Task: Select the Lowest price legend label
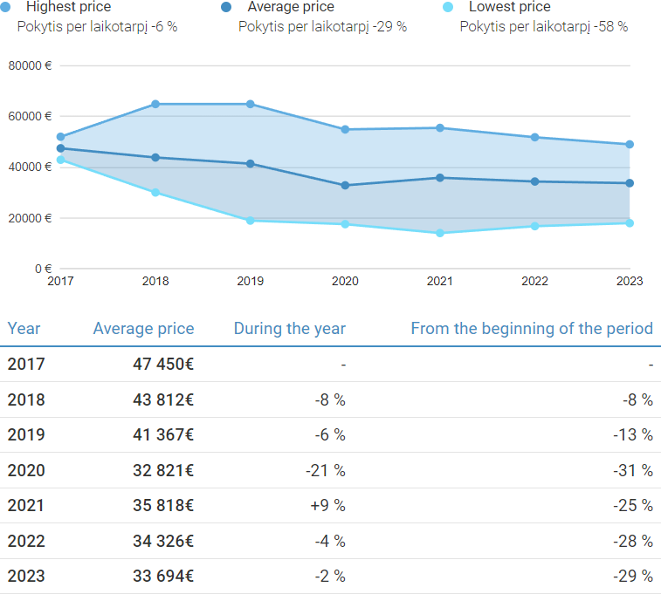[509, 7]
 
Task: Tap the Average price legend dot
[227, 7]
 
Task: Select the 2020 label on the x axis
[345, 281]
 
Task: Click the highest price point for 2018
[155, 104]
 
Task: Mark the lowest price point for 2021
[440, 233]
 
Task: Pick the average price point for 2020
[345, 185]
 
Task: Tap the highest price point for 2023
[630, 145]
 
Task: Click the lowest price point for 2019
[251, 221]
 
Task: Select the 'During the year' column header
[289, 329]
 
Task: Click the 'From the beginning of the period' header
[531, 329]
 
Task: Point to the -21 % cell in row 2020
[325, 470]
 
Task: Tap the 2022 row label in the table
[26, 541]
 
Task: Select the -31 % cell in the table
[633, 470]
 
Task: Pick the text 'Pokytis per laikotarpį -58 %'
[543, 26]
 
